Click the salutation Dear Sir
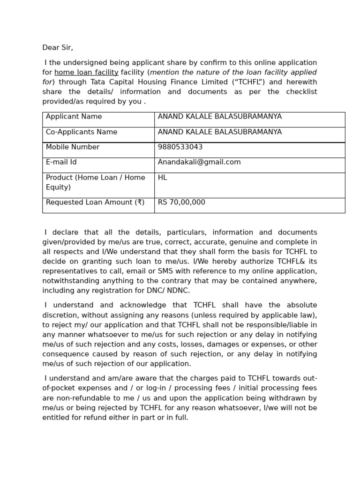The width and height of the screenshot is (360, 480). [x=58, y=48]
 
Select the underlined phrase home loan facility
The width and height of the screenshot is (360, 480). [x=86, y=73]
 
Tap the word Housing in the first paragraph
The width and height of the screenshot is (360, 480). [x=167, y=82]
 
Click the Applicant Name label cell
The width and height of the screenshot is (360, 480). [x=74, y=117]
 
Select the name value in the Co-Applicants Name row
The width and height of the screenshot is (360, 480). [x=220, y=132]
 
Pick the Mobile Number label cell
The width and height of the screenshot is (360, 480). [x=73, y=147]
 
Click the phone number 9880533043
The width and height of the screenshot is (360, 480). [x=180, y=147]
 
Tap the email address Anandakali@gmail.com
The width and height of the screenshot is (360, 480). [x=199, y=162]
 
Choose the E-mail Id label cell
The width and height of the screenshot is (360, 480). [x=61, y=162]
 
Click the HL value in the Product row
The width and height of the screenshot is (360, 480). [x=163, y=178]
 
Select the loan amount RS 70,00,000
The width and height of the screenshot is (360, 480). [x=181, y=202]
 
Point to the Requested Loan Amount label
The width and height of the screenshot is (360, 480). [x=95, y=202]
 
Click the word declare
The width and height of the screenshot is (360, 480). [x=65, y=232]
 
